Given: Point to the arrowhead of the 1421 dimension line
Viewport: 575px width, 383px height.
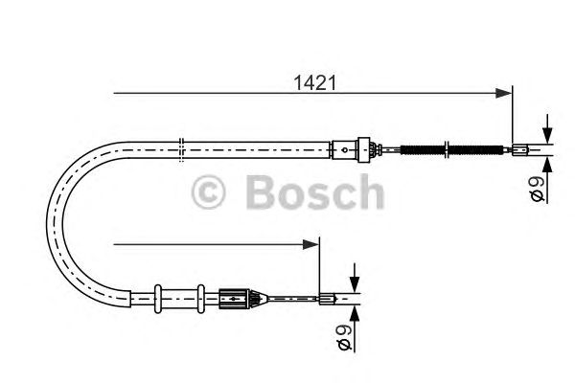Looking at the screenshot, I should (505, 93).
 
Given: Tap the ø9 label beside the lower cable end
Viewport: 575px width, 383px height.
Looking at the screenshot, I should (347, 336).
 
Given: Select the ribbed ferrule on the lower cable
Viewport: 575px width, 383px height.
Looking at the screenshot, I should (236, 298).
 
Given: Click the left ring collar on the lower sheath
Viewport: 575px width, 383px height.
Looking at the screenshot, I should (158, 296).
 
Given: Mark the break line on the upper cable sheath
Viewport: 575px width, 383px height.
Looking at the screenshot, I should (181, 147).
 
